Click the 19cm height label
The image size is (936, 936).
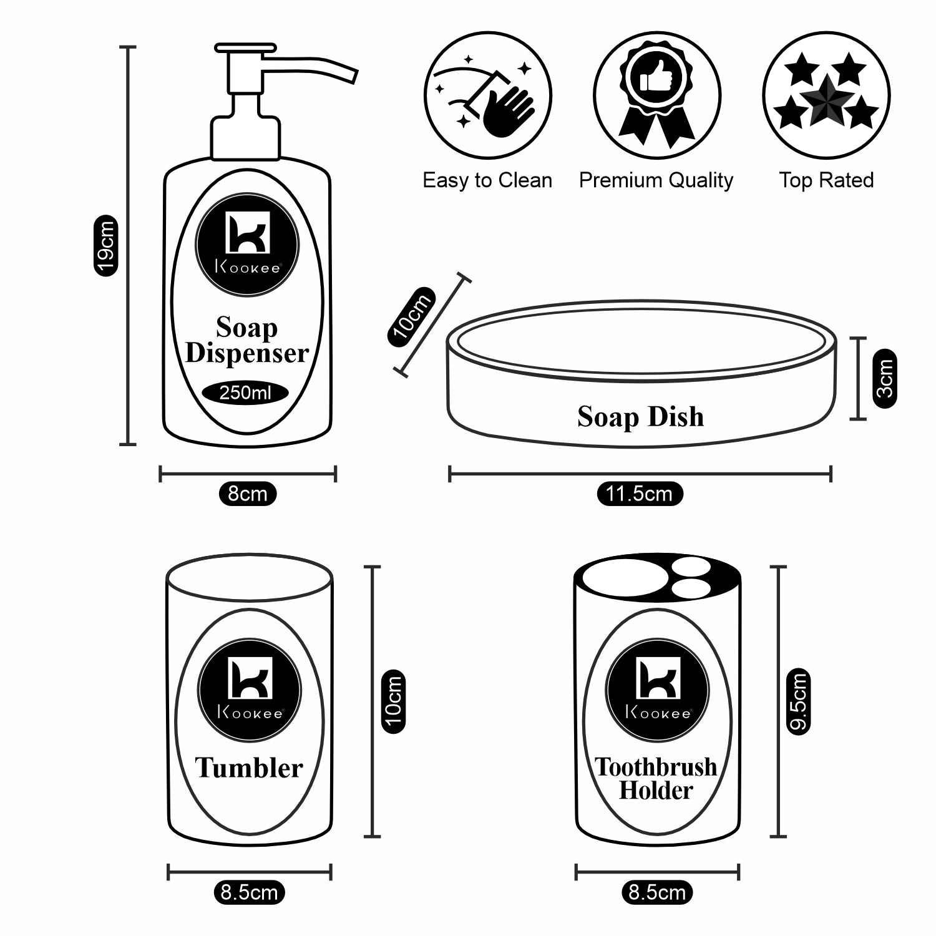coord(105,245)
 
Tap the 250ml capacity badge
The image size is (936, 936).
coord(245,393)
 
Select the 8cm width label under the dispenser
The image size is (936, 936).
coord(247,494)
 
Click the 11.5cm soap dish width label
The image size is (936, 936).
coord(639,494)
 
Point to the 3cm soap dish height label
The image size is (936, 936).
coord(884,379)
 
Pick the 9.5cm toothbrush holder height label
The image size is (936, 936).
coord(798,701)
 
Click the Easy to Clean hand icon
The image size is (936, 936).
coord(488,95)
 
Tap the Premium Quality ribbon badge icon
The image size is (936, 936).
coord(656,95)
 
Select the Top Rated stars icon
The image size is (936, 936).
coord(826,95)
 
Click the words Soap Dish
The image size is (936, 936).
coord(640,417)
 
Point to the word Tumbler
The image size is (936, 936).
coord(249,768)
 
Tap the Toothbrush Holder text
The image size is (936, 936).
coord(656,779)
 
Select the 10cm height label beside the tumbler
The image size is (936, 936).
coord(393,701)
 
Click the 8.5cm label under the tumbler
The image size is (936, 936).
coord(249,892)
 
